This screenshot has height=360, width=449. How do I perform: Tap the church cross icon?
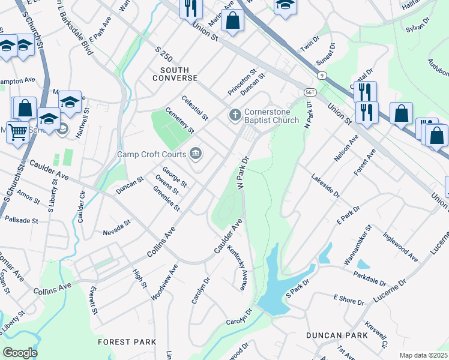click(x=235, y=114)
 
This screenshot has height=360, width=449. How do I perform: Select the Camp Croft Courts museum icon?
click(x=195, y=154)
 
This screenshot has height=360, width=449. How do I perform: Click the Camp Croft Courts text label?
click(x=152, y=154)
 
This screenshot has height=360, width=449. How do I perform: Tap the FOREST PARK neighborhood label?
click(x=127, y=342)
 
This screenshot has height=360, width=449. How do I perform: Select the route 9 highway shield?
click(x=323, y=75)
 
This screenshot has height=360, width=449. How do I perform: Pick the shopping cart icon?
click(x=17, y=131)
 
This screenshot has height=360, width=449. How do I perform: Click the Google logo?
click(x=20, y=353)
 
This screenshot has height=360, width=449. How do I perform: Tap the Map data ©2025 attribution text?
click(x=423, y=355)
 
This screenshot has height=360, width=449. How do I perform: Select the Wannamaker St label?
click(x=358, y=245)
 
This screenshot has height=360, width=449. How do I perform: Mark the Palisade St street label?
click(x=22, y=220)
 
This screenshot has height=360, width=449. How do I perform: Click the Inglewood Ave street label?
click(x=400, y=248)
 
